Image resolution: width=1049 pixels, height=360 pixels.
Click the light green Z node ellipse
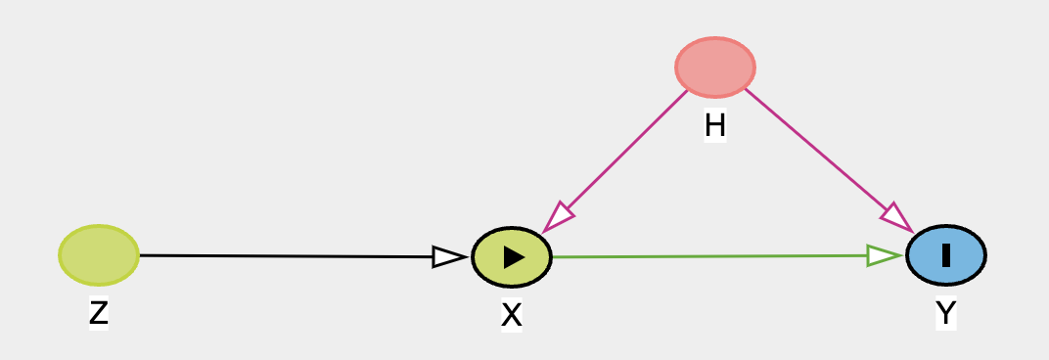click(98, 255)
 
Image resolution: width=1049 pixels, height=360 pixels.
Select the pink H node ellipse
click(715, 67)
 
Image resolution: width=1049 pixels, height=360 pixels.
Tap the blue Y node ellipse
click(946, 255)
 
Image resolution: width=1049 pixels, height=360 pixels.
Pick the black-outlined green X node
click(512, 257)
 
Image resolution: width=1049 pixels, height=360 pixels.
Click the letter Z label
click(98, 312)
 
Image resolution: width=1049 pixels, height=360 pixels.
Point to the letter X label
click(511, 315)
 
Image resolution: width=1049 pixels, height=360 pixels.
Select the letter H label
click(715, 125)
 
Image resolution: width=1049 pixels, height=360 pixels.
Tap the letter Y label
click(946, 312)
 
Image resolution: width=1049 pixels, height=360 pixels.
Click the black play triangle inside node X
click(514, 257)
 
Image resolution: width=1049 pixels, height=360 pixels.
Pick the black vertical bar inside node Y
click(946, 255)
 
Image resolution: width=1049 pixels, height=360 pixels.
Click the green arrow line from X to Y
click(726, 256)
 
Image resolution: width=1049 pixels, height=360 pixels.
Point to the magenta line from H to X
click(616, 161)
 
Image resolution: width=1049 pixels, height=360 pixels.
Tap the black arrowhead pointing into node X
click(449, 257)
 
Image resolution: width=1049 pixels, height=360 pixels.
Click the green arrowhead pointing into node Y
click(885, 255)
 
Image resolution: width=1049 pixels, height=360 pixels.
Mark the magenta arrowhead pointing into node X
click(557, 218)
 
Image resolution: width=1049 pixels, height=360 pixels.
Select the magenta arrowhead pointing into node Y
click(897, 218)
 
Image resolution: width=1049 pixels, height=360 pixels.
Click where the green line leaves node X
click(553, 257)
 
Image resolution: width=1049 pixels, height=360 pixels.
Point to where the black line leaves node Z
click(140, 255)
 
